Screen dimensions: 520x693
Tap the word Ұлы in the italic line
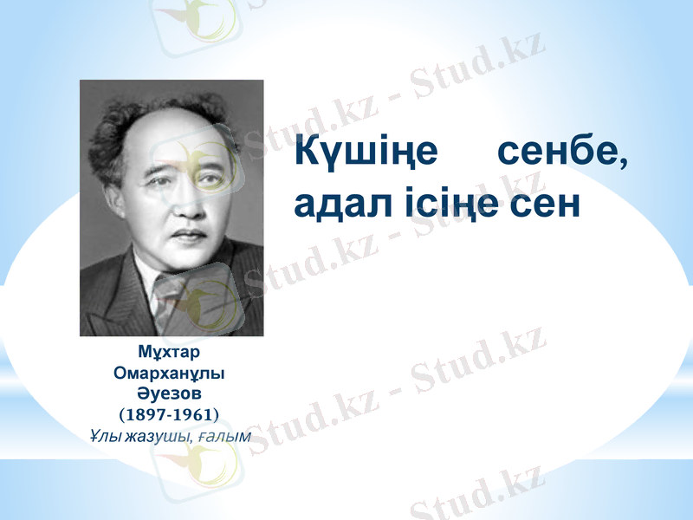pyautogui.click(x=105, y=434)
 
